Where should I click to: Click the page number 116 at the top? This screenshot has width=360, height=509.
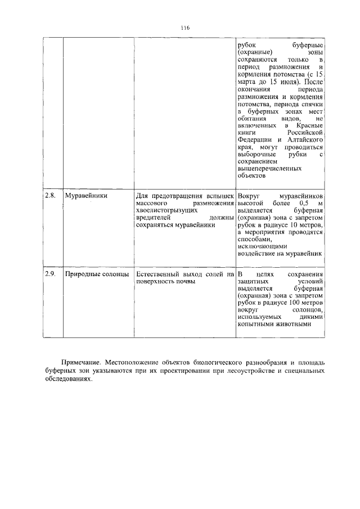click(185, 27)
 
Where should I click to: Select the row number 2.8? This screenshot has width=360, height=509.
click(51, 196)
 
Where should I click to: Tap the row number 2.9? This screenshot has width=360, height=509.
click(51, 274)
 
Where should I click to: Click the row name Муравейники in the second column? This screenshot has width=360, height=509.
click(86, 196)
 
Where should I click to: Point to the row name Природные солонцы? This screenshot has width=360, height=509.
click(97, 274)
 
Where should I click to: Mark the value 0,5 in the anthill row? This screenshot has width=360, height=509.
click(304, 202)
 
